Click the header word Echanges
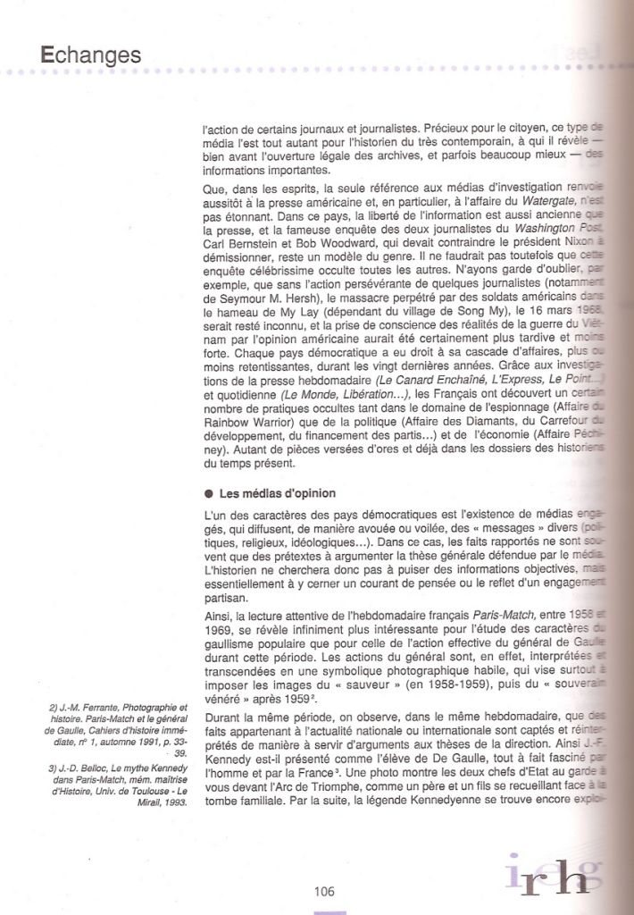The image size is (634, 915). click(90, 55)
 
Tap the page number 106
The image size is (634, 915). click(323, 889)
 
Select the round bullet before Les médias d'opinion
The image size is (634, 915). click(208, 492)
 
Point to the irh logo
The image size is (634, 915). click(547, 877)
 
